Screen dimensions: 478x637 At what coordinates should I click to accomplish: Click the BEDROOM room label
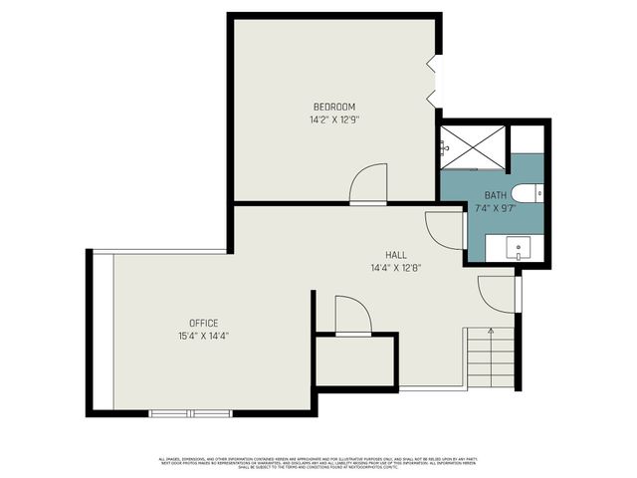coord(333,107)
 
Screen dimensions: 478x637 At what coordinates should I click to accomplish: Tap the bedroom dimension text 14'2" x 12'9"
coord(333,119)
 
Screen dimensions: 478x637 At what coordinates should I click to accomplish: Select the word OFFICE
coord(204,323)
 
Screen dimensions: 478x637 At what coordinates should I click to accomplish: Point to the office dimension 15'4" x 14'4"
coord(204,336)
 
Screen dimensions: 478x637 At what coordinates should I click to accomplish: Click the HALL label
coord(396,253)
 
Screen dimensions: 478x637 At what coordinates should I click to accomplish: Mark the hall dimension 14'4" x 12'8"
coord(396,266)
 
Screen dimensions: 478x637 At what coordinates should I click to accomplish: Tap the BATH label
coord(496,195)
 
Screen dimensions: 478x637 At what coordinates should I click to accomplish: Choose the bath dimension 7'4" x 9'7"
coord(496,208)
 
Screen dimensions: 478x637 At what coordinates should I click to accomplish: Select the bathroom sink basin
coord(518,248)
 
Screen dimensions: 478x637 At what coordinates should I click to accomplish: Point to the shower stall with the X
coord(474,146)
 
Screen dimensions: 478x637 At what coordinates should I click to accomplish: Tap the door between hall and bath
coord(445,230)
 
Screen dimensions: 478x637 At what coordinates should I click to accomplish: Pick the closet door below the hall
coord(352,315)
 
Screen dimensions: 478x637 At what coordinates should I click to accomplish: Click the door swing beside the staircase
coord(497,293)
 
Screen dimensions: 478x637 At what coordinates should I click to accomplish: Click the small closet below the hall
coord(355,359)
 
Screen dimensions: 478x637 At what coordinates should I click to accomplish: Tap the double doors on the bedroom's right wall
coord(432,81)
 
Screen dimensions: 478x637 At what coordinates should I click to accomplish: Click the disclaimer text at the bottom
coord(318,463)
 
